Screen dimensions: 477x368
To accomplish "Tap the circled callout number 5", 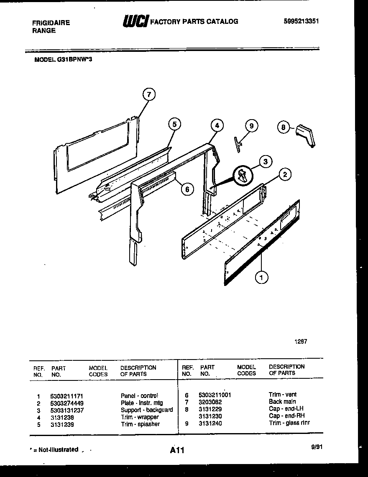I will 175,124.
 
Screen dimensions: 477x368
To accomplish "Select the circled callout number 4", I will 216,125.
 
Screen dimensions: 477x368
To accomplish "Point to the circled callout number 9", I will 251,126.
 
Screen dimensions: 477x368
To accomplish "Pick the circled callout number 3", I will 265,161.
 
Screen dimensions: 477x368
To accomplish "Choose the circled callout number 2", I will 285,175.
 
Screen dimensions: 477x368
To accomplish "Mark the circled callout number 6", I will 187,189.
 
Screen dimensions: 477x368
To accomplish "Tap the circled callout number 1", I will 262,276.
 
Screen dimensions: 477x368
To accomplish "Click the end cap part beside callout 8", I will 305,136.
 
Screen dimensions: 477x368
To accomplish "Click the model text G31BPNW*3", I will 66,60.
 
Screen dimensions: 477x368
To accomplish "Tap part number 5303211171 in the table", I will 70,395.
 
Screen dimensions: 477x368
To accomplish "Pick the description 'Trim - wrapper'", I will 140,417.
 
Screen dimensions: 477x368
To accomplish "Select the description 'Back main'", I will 282,402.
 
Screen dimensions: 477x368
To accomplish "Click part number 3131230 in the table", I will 210,416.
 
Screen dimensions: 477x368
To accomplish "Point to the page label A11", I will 177,450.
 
